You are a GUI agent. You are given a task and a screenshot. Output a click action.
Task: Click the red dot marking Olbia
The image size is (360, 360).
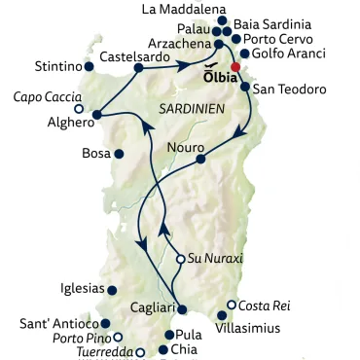[235, 67]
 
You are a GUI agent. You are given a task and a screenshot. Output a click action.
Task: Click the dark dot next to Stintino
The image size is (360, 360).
[90, 68]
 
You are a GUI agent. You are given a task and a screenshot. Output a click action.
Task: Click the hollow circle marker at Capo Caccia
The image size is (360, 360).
[79, 110]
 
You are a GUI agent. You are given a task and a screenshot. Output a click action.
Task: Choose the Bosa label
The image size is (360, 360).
[95, 154]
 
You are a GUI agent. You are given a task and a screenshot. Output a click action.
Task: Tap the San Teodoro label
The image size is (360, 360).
[290, 88]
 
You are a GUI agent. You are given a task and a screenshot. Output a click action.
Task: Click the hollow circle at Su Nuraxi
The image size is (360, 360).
[180, 259]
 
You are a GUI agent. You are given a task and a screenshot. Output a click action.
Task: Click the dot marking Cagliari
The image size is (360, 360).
[181, 308]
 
